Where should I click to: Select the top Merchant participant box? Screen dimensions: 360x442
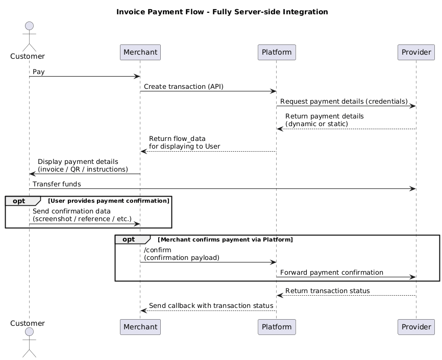(x=140, y=52)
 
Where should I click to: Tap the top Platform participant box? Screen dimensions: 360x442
(x=277, y=52)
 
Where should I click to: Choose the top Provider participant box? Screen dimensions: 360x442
(x=416, y=52)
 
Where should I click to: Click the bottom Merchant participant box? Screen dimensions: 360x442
(x=140, y=327)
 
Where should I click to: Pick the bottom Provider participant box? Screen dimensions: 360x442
(x=416, y=327)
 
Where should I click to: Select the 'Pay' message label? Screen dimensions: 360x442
(x=39, y=72)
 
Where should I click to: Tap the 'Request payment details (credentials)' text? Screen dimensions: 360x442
(x=343, y=102)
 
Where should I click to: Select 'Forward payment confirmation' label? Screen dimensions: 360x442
(x=332, y=273)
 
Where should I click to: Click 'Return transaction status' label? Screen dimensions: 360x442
(x=327, y=291)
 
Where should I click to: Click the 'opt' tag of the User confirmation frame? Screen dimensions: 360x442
(x=19, y=201)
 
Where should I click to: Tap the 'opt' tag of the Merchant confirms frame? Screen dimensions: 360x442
(x=129, y=239)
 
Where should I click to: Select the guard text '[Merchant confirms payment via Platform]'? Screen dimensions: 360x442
(x=225, y=239)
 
